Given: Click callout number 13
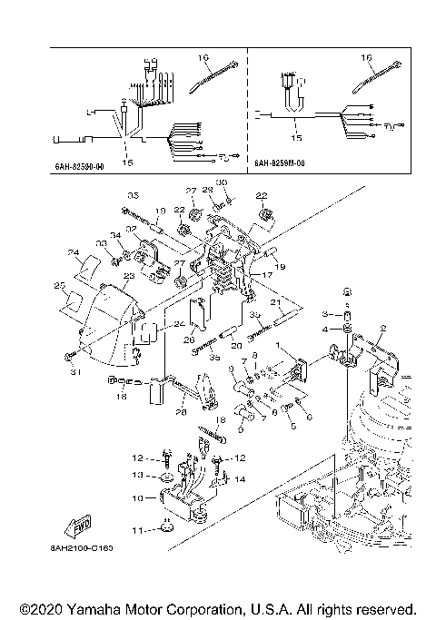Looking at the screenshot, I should [137, 474].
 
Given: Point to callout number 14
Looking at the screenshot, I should [240, 477].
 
